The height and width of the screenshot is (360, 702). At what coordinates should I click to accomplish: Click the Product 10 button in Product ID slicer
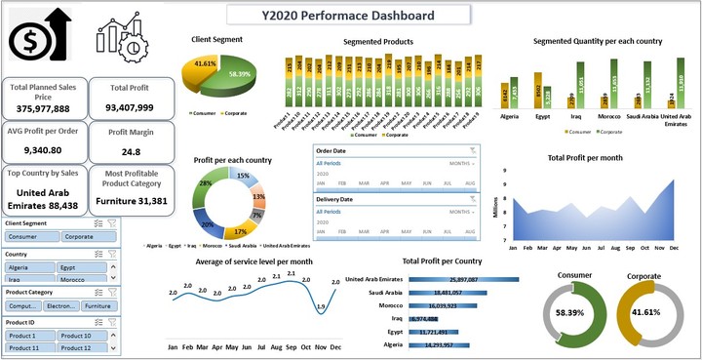click(82, 336)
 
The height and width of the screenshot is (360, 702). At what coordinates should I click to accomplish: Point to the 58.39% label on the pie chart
click(238, 73)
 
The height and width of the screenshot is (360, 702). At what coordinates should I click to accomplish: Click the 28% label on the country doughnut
click(205, 183)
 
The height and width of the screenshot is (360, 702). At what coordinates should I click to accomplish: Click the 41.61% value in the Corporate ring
click(640, 313)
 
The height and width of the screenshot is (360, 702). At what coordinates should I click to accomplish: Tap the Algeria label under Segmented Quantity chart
click(509, 115)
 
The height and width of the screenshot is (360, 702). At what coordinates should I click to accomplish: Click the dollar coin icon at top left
click(31, 41)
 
